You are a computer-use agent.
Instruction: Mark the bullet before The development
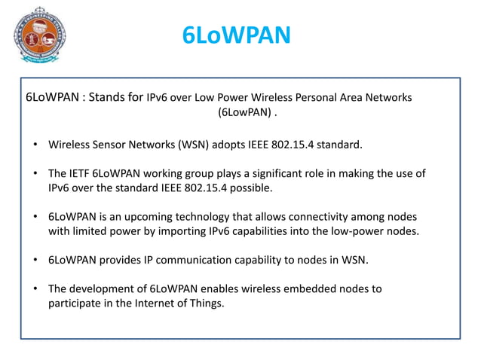pyautogui.click(x=35, y=288)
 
